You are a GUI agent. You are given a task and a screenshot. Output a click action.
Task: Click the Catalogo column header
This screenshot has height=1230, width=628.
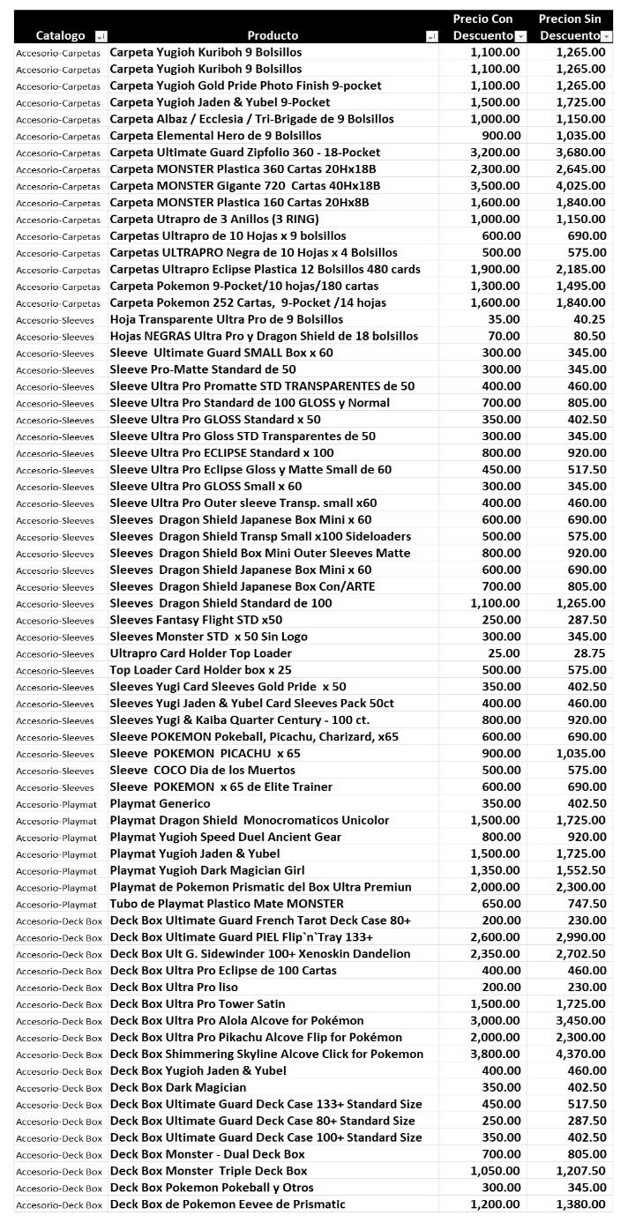pos(60,35)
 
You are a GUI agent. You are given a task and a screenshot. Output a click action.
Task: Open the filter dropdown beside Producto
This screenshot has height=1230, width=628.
pos(431,36)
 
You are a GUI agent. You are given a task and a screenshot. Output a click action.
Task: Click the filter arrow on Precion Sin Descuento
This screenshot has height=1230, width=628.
pos(606,36)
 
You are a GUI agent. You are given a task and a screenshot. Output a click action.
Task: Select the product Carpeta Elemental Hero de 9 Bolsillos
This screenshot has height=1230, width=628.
pos(215,136)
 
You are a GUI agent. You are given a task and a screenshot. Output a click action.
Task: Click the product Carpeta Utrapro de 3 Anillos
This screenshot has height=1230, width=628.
pos(214,219)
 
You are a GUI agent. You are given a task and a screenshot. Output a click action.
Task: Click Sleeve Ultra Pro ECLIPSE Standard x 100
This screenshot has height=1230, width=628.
pos(221,452)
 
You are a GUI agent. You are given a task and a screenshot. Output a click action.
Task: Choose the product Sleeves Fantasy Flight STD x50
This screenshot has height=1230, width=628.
pos(196,620)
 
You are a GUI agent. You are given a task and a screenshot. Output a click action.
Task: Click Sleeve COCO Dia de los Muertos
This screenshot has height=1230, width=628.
pos(203,770)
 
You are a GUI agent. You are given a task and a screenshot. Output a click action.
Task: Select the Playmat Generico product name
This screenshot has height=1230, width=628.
pos(160,803)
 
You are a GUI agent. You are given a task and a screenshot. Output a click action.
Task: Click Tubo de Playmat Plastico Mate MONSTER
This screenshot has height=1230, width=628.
pos(227,904)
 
